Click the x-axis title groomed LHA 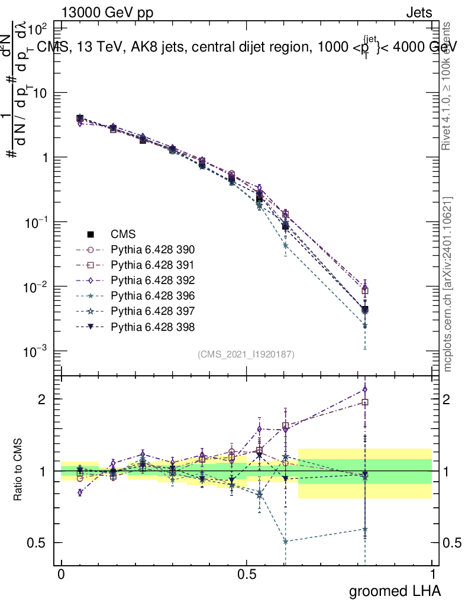tap(395, 591)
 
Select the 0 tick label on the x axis tap(61, 575)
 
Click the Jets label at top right tap(418, 12)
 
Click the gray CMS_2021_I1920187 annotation tap(246, 354)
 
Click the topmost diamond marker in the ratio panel tap(365, 389)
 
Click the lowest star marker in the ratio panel tap(286, 541)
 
